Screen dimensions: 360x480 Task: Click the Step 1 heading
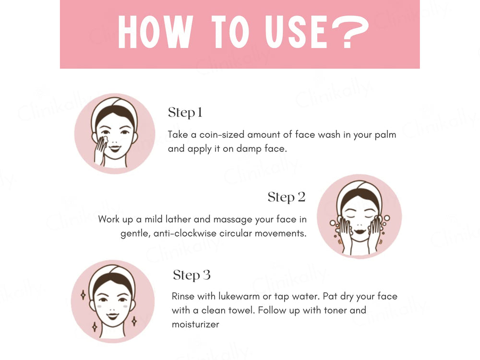pos(185,113)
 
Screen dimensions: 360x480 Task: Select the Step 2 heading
pos(287,197)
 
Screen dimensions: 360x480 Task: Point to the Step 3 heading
pos(192,275)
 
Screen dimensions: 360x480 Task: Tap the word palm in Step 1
pos(385,135)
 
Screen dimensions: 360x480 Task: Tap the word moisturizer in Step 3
pos(195,324)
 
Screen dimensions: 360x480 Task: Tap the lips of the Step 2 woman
pos(359,230)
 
